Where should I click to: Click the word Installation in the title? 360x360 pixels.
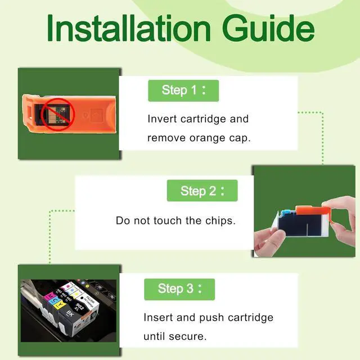129,28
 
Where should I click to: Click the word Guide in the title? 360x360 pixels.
268,28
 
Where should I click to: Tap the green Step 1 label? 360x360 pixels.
183,91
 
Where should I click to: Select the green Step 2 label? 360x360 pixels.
202,191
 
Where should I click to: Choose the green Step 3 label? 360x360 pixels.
179,289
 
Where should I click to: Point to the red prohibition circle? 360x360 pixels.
58,114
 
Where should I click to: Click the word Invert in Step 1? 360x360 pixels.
162,119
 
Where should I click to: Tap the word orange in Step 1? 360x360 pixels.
208,138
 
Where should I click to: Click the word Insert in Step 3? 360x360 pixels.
158,317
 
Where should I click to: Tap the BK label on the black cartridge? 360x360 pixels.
70,313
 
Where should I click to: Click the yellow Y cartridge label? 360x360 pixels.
59,305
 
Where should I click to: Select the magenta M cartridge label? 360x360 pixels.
50,296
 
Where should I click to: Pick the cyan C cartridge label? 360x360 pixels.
55,300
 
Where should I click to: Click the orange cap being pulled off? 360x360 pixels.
314,212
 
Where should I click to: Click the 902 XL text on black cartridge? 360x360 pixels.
79,307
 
